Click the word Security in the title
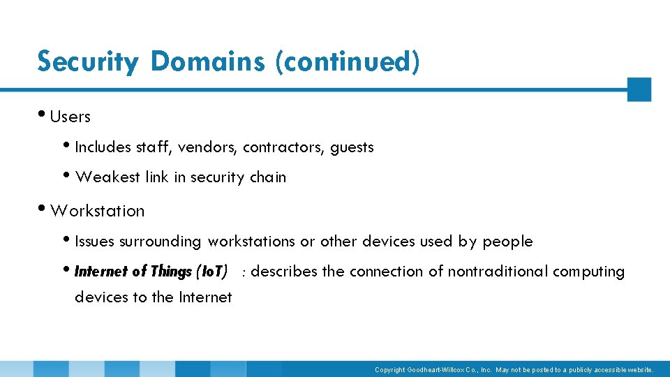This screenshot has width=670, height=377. tap(88, 62)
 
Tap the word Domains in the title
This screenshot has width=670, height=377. tap(207, 61)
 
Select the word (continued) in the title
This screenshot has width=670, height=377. tap(348, 61)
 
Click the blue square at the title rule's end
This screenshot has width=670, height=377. tap(639, 89)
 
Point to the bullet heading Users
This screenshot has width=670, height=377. tap(70, 117)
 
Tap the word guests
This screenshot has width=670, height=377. tap(352, 148)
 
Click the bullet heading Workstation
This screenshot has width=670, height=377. tap(98, 211)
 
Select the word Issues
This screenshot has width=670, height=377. tap(94, 242)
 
